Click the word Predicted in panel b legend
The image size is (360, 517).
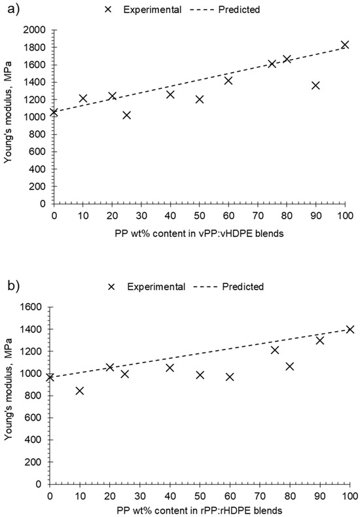(242, 287)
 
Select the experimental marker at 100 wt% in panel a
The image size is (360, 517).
(345, 45)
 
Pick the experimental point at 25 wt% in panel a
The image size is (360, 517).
(126, 115)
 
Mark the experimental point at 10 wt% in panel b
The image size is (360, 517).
(80, 391)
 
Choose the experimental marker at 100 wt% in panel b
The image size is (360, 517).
(350, 329)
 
